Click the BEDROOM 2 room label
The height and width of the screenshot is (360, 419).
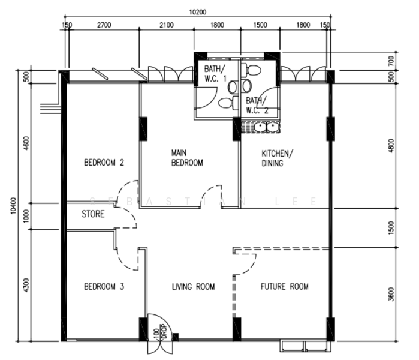[104, 162]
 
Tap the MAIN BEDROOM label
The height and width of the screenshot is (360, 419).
[187, 158]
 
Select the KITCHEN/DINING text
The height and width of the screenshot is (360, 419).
[276, 158]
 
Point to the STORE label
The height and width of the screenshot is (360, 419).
[94, 214]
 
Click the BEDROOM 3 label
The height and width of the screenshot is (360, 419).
[104, 287]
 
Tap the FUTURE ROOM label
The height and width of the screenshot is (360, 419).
[284, 287]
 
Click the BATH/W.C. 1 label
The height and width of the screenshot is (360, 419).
[216, 74]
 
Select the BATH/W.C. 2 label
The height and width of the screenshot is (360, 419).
[257, 106]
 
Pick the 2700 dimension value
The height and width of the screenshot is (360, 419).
[104, 25]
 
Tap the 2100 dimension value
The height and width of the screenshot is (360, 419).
[167, 25]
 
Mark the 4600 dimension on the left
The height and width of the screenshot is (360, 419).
[26, 144]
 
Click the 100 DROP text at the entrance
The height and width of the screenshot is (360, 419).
[159, 334]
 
